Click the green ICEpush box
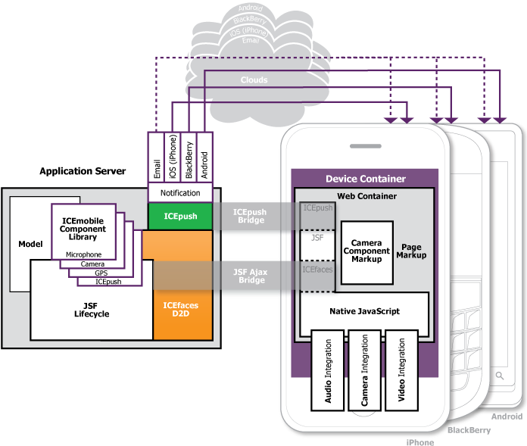(179, 216)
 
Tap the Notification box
(179, 193)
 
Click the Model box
(30, 244)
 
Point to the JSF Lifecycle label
(91, 310)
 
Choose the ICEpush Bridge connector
(249, 216)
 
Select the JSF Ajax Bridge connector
(249, 276)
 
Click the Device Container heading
(365, 179)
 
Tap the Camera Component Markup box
(366, 251)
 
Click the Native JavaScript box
(364, 311)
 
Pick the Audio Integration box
(328, 370)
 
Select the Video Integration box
(401, 370)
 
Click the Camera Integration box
(365, 370)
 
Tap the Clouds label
(254, 80)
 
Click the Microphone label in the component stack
(83, 254)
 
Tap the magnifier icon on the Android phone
(500, 376)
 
